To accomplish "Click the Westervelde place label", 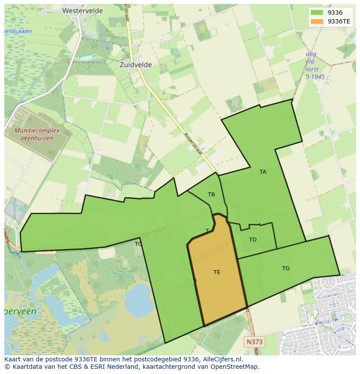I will (x=83, y=10).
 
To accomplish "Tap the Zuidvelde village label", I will (x=136, y=65).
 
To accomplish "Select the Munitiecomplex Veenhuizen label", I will (x=33, y=134).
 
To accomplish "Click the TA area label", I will (x=263, y=172).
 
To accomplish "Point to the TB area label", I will (x=211, y=195).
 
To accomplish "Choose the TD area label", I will (x=253, y=240).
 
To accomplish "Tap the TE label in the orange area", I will (x=217, y=272).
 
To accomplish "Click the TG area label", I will (x=286, y=268).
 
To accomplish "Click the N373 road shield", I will (x=254, y=342).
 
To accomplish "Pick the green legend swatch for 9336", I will (x=317, y=13).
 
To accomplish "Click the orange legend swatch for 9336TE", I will (x=317, y=21).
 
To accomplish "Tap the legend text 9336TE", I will (x=339, y=21).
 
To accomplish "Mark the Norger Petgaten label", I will (x=181, y=310).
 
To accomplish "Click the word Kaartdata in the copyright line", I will (x=24, y=367).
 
